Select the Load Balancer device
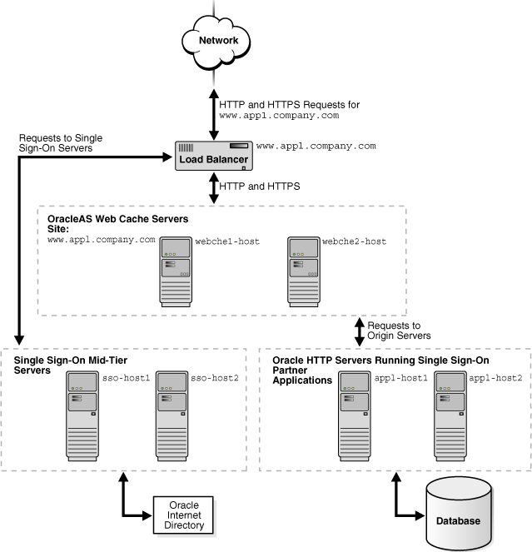coord(214,156)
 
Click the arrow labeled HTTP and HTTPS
coord(214,187)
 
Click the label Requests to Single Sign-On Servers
coord(57,142)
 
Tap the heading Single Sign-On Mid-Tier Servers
coord(71,365)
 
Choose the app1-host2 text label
coord(495,378)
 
